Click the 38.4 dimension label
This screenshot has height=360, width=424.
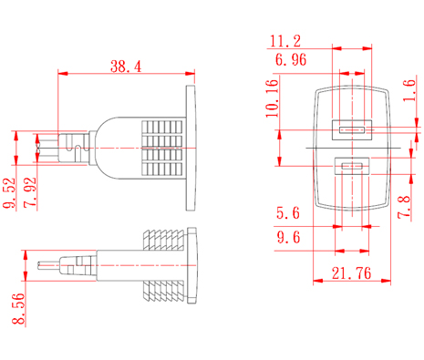pos(126,67)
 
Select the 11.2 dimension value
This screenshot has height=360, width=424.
pos(285,41)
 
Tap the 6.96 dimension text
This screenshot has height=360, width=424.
pos(291,59)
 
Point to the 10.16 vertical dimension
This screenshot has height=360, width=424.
pos(272,98)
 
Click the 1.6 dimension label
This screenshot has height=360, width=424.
pos(409,90)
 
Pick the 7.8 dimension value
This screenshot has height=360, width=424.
pos(404,207)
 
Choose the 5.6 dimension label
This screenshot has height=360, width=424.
pos(288,212)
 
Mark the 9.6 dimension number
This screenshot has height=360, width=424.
pos(288,237)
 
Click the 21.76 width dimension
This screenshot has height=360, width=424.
pos(351,273)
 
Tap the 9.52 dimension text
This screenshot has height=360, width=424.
pos(9,192)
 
